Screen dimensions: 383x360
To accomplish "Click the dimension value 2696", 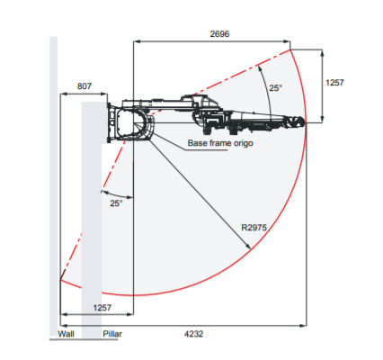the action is coord(219,34).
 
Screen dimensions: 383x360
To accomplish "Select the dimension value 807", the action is coord(85,86).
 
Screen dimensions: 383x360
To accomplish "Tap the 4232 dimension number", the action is coord(193,334).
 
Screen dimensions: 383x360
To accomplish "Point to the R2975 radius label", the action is coord(254,228).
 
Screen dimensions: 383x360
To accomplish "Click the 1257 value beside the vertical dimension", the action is coord(334,83).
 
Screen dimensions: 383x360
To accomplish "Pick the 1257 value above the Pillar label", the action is coord(102,308).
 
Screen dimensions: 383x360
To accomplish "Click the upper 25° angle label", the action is coord(275,88).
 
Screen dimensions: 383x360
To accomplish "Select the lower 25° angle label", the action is coord(116,203).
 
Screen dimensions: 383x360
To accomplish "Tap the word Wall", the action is coord(66,334).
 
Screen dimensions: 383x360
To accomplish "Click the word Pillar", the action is coord(112,334).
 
